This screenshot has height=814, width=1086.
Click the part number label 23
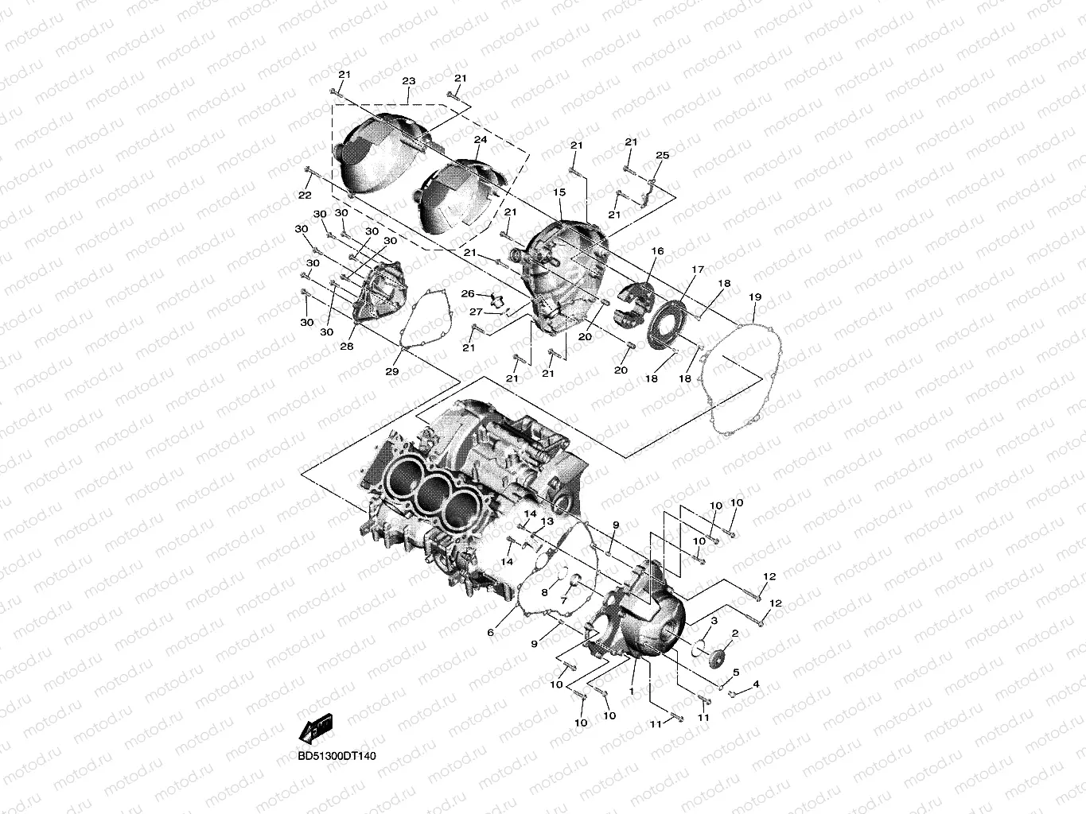pos(409,81)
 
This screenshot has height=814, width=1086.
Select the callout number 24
pos(480,139)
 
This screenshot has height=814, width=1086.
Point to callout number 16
pos(657,251)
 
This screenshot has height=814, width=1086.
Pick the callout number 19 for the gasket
pos(755,297)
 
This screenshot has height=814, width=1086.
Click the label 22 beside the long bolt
pos(304,196)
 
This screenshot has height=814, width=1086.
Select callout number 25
pos(662,155)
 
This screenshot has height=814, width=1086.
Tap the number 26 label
pos(468,294)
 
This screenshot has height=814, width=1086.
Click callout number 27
pos(476,311)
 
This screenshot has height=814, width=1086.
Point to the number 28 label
pos(346,347)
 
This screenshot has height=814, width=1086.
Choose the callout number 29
pos(391,372)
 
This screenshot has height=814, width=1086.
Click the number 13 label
pos(547,521)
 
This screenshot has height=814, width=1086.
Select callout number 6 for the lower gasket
pos(490,632)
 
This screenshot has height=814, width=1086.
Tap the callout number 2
pos(735,634)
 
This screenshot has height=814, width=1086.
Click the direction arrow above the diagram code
pos(316,727)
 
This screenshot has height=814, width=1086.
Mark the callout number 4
pos(755,684)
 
